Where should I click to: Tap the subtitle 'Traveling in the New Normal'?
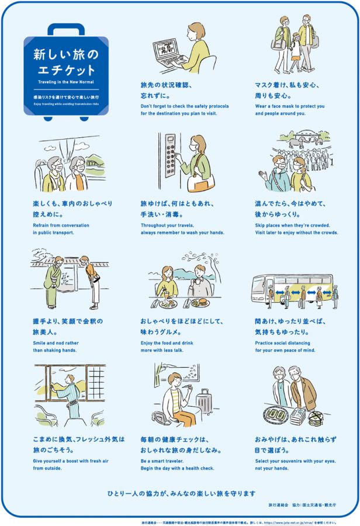[x=66, y=82]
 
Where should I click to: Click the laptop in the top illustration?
[x=169, y=51]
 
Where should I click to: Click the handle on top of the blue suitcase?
[x=66, y=29]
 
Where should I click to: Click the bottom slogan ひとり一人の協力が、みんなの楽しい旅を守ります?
[x=180, y=493]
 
